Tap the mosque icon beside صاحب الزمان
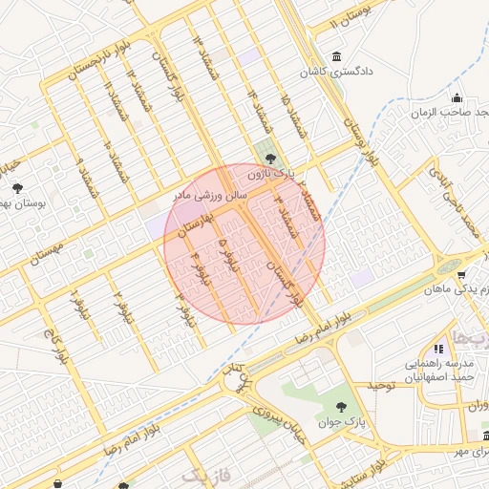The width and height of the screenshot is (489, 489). click(457, 97)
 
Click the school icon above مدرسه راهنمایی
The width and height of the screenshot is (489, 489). click(438, 350)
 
